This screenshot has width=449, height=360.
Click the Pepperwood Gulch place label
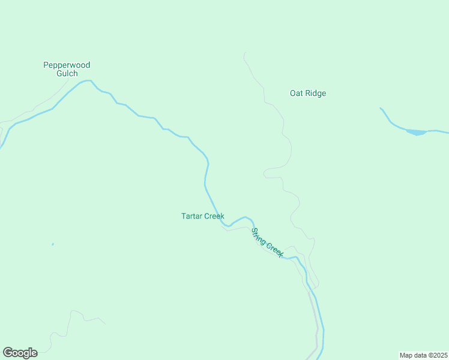point(67,69)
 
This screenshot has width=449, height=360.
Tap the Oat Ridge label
point(308,93)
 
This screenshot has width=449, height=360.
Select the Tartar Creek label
point(203,216)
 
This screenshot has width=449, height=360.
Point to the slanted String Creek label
point(267,242)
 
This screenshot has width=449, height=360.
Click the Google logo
point(20,353)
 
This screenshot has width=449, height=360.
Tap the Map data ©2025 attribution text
point(423,355)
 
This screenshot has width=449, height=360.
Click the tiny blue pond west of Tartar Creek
point(53,244)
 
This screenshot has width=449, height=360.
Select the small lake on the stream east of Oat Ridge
point(416,132)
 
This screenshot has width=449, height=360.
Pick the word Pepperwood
point(67,65)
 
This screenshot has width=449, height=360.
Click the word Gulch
point(67,74)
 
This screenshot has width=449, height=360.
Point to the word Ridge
point(316,93)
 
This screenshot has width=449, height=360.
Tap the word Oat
point(296,93)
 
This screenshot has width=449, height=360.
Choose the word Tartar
point(192,216)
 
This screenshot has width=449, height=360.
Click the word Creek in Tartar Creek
point(214,216)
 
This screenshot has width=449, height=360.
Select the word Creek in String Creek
point(274,250)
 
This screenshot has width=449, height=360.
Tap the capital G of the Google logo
point(8,353)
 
